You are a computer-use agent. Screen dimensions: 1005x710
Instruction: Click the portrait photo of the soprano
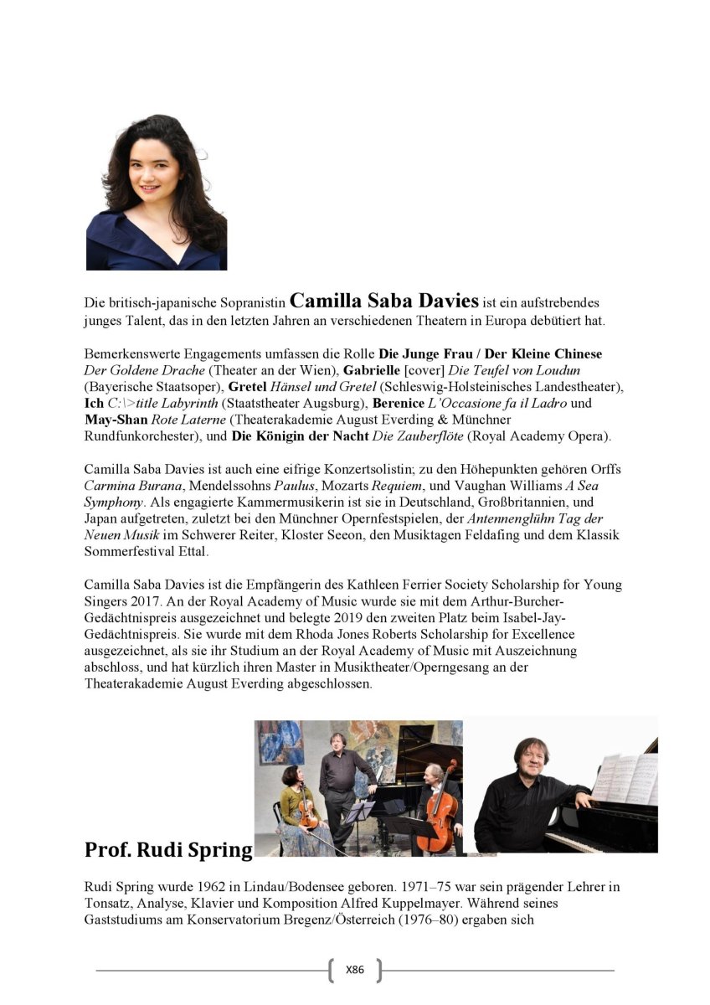157,192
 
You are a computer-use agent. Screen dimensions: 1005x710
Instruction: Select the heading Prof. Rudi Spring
168,850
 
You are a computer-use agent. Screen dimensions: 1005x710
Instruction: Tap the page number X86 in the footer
355,970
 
